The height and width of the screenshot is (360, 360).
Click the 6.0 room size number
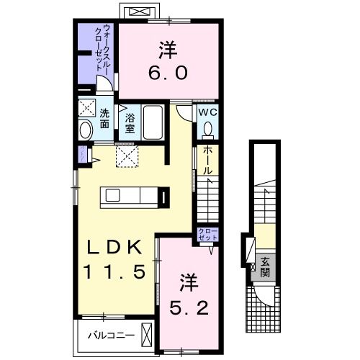point(168,73)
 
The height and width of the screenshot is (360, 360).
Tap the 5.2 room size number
point(189,308)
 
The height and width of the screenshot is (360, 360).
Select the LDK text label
point(114,247)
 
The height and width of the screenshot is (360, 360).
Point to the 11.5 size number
point(114,271)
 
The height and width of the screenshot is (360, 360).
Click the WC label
point(207,112)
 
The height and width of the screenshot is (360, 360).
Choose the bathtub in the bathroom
point(153,122)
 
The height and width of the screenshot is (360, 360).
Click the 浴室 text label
point(130,123)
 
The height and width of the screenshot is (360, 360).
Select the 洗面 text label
point(104,118)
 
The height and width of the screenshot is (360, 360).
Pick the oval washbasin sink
point(86,130)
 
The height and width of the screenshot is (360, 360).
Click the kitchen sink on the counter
point(113,195)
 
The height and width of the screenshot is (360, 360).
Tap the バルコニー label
point(111,336)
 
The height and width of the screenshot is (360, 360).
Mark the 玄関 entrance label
point(265,267)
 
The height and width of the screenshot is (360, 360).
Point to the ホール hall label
point(208,160)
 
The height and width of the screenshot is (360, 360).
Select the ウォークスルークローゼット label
point(102,48)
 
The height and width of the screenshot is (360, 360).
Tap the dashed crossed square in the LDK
point(127,156)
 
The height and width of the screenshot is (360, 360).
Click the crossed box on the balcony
point(147,335)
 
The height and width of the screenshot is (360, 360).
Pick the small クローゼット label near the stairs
point(208,234)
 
